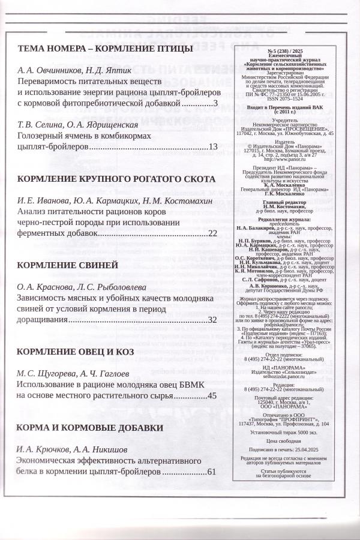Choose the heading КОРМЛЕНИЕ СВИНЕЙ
67,265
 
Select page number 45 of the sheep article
212,395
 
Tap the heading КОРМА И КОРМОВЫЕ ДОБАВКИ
91,428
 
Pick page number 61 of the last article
211,472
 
